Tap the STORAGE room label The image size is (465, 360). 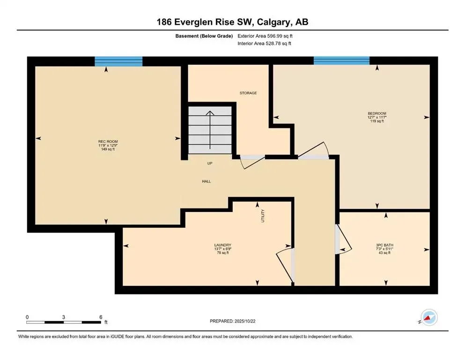[x=248, y=93]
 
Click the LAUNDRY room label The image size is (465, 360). [x=223, y=245]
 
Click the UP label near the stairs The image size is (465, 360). [x=210, y=164]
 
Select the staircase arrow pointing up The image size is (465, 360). [x=211, y=127]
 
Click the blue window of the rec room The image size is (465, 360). [x=118, y=61]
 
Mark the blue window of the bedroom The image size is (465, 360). [x=341, y=61]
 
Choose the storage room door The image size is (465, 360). [x=248, y=162]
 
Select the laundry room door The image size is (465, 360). [x=285, y=265]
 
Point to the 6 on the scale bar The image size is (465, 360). [x=101, y=317]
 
